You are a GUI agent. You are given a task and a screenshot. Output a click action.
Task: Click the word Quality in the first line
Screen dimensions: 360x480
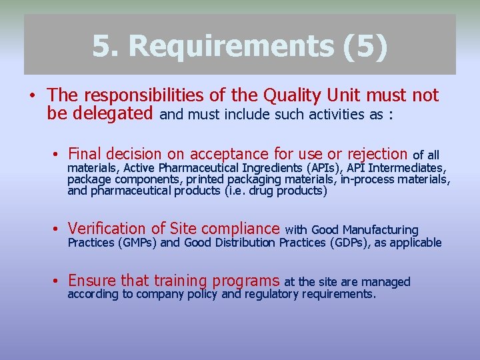293,95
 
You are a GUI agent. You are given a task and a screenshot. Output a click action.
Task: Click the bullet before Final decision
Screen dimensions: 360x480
59,154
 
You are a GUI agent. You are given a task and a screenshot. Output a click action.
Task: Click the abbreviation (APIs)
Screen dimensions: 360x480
321,167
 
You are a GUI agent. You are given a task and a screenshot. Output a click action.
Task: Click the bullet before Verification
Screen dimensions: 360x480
59,230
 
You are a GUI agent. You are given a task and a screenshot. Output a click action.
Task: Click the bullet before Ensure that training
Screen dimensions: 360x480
59,282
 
